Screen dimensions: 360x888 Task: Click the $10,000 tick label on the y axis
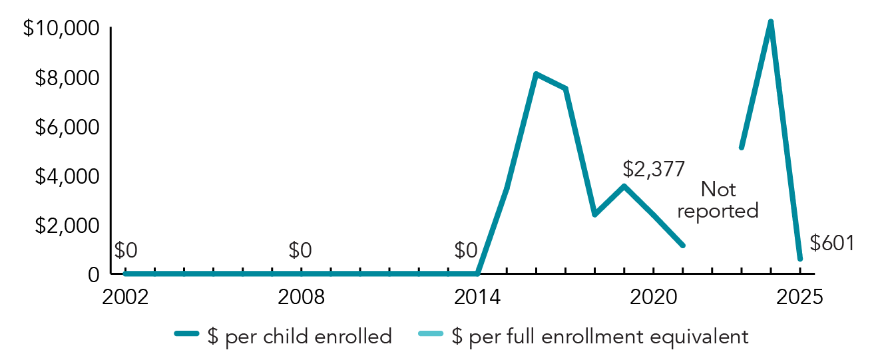click(x=61, y=29)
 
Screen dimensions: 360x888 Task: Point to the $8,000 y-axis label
click(x=67, y=79)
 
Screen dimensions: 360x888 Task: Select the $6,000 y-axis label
click(x=67, y=127)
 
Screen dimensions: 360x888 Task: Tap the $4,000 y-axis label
click(x=67, y=176)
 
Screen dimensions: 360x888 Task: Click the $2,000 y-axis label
click(x=67, y=226)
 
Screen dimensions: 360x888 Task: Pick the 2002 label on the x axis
click(x=124, y=297)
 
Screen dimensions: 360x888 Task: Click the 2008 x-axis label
click(x=302, y=297)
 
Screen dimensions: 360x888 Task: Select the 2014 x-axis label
click(x=477, y=297)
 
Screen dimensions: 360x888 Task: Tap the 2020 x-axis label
click(x=654, y=297)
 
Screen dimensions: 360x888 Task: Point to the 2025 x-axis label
click(x=800, y=297)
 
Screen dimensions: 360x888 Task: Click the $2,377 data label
click(x=654, y=170)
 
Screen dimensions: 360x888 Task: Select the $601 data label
click(x=831, y=243)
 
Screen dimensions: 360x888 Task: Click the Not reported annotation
click(x=718, y=200)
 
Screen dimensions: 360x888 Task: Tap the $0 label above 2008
click(x=300, y=251)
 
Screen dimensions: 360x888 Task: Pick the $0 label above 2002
click(x=126, y=251)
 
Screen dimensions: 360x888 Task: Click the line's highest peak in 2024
click(x=770, y=22)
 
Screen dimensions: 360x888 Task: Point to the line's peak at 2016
click(x=536, y=74)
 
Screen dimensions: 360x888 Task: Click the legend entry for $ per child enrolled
click(x=283, y=337)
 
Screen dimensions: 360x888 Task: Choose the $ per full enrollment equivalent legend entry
click(x=582, y=337)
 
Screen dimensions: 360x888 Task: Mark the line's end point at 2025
click(x=799, y=259)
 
